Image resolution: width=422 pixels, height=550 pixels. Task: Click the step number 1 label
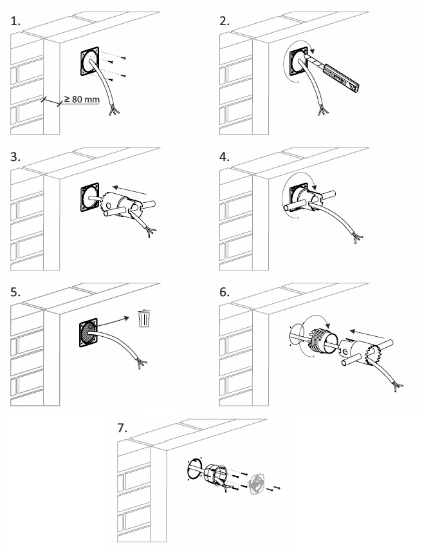(15, 21)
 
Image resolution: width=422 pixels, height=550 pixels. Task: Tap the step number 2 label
(225, 21)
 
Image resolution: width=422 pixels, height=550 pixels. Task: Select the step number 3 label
(15, 156)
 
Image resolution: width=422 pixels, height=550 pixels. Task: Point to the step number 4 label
(225, 156)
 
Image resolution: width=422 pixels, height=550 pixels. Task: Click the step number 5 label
(15, 292)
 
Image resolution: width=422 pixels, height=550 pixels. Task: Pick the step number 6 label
(225, 292)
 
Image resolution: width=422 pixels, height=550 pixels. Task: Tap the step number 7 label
(122, 428)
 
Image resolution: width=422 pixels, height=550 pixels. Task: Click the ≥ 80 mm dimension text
(82, 99)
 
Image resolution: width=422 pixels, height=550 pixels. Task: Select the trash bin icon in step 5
(144, 318)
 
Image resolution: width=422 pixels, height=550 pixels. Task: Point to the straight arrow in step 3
(129, 191)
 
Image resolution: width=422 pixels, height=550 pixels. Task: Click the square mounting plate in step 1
(89, 62)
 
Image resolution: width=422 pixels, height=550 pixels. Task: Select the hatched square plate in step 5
(88, 332)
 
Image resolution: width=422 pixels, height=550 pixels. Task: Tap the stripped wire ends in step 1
(114, 111)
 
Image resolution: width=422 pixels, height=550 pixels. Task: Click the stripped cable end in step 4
(357, 238)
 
